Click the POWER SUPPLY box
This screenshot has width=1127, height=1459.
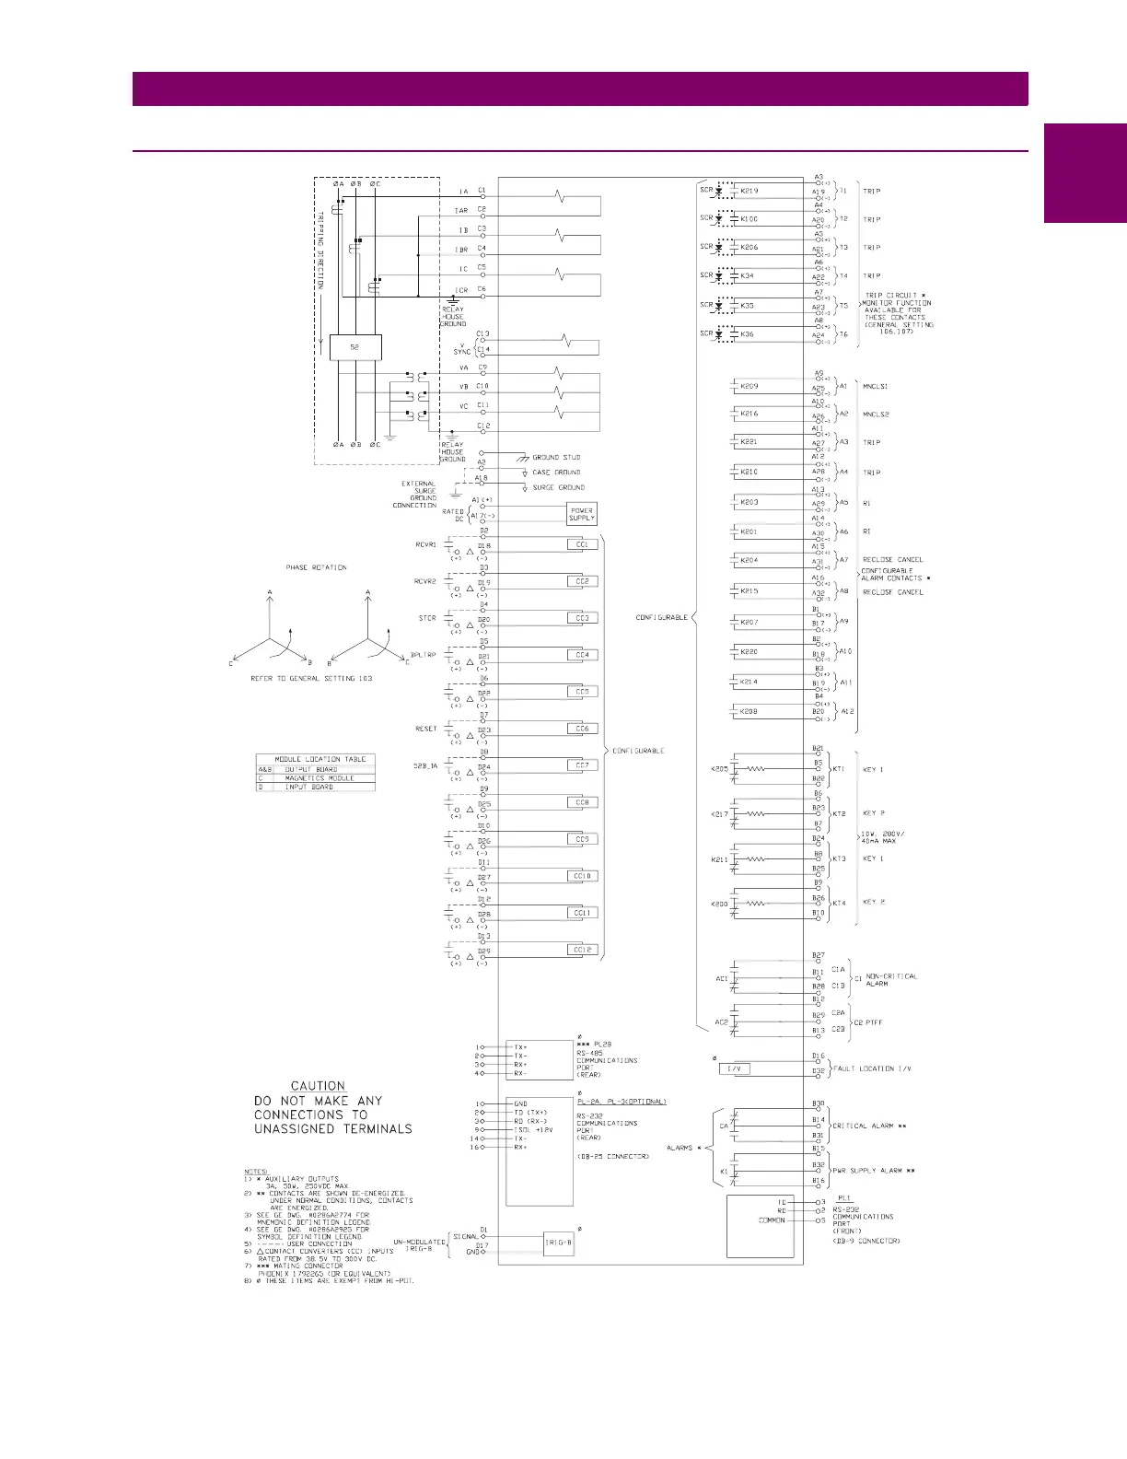click(582, 514)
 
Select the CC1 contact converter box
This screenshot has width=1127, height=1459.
click(582, 544)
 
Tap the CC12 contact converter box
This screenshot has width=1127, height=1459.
click(582, 950)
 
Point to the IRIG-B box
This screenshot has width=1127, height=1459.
click(559, 1243)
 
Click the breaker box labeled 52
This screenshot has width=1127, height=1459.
click(354, 347)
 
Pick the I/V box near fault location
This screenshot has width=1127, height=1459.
click(734, 1068)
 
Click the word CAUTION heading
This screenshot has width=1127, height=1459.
click(318, 1086)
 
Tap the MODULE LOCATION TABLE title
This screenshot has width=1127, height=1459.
click(320, 759)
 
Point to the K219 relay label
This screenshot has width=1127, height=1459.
click(749, 192)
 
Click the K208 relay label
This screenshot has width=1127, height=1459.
click(749, 712)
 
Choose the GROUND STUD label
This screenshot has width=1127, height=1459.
click(556, 457)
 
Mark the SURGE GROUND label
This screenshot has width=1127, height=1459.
click(558, 487)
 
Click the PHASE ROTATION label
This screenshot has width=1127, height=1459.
click(316, 567)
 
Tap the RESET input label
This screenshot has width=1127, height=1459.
click(425, 729)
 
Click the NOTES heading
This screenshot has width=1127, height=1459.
click(256, 1172)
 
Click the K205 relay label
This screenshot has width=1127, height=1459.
click(719, 769)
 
